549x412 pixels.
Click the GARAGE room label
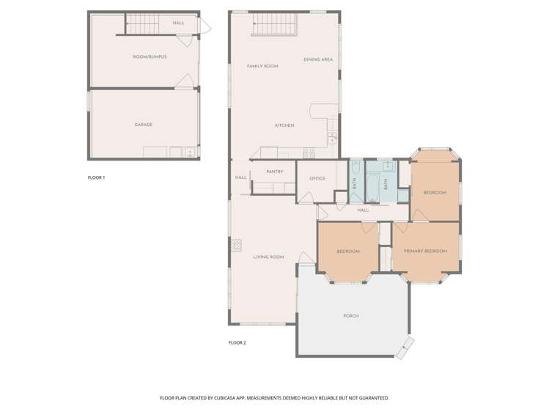point(143,125)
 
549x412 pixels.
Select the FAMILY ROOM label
point(262,67)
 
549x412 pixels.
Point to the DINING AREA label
point(318,59)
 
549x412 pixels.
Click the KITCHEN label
point(284,125)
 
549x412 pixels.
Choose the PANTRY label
point(275,172)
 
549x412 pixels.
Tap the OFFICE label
point(317,179)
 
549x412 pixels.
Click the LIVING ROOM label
point(268,257)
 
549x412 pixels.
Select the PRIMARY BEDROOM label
point(425,251)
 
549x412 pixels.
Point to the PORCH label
point(351,316)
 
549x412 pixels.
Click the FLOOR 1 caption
point(96,178)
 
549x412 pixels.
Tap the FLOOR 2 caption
point(237,343)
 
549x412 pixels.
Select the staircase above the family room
point(275,25)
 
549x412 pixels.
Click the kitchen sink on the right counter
point(332,136)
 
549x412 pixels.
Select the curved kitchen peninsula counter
point(321,111)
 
